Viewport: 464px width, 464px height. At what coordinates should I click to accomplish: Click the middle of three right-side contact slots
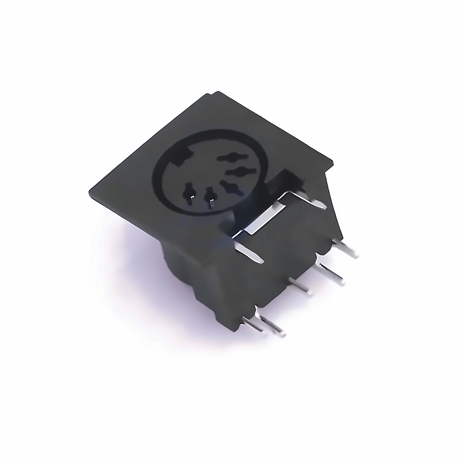pyautogui.click(x=238, y=170)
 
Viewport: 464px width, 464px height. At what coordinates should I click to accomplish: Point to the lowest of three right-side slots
pyautogui.click(x=231, y=187)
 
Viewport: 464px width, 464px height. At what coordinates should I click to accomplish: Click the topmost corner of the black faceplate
pyautogui.click(x=218, y=92)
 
